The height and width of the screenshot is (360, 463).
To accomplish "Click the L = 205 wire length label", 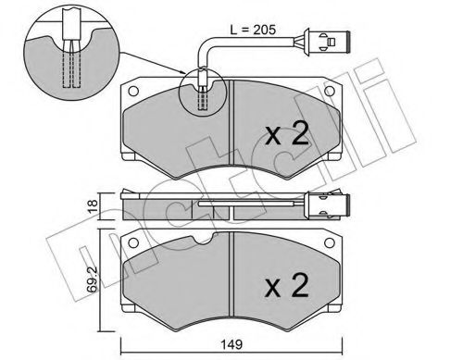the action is (x=253, y=30).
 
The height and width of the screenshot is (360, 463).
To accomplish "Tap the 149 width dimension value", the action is (x=231, y=344).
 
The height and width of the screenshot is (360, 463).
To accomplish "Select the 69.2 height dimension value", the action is (x=93, y=279).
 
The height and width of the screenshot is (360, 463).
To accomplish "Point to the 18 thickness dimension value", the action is (x=93, y=205).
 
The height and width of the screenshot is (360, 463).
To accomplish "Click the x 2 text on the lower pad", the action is (x=287, y=286).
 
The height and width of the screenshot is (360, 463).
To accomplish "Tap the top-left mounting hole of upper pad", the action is (x=133, y=91).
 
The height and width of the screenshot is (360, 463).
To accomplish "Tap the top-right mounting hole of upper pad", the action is (x=330, y=91).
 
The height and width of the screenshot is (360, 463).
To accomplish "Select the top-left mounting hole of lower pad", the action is (x=133, y=242).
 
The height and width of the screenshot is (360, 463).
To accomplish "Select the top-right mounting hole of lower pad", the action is (x=330, y=242).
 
